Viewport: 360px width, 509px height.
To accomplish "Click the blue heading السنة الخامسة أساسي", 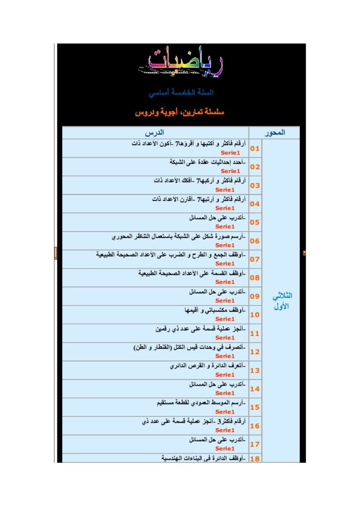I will tap(181, 93).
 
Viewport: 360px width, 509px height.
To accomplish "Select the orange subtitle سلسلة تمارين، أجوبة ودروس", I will tap(180, 113).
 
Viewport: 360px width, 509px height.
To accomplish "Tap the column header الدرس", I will tap(155, 133).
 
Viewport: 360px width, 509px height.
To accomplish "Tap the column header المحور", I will tap(274, 133).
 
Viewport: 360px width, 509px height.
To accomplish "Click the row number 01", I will tap(255, 149).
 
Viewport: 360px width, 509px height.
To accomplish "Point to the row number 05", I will tap(255, 222).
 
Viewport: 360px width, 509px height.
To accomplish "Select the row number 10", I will tap(255, 315).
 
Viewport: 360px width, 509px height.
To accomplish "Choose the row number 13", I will tap(255, 370).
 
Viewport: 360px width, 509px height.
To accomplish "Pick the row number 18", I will tap(255, 459).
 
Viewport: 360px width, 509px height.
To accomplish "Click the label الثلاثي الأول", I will tap(281, 301).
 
